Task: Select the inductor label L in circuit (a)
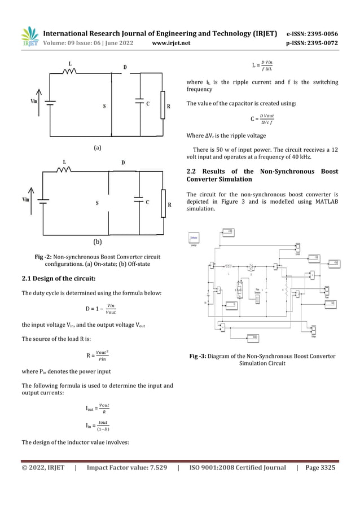69,63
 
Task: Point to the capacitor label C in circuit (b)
147,202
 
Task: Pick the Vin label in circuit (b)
26,199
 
